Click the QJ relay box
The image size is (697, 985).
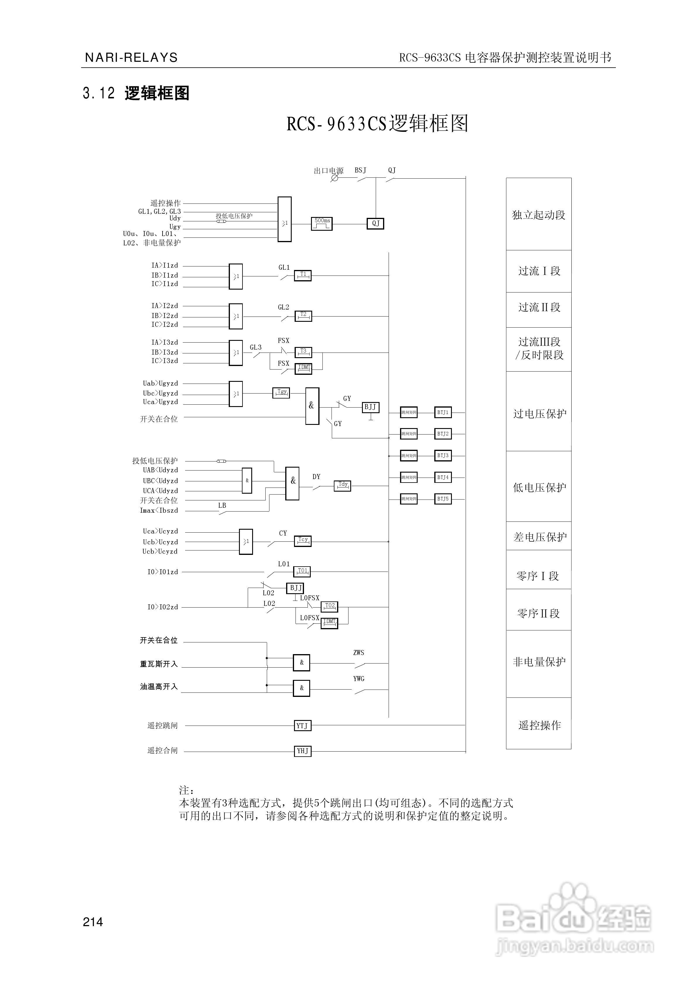click(375, 223)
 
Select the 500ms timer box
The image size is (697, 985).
click(322, 223)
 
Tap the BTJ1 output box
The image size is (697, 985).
click(443, 412)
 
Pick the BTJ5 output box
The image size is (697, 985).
click(443, 499)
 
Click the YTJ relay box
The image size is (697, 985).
click(302, 726)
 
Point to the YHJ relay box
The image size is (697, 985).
click(302, 751)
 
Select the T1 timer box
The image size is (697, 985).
click(303, 276)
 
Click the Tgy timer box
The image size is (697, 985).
click(281, 393)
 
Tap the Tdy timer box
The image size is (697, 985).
click(342, 486)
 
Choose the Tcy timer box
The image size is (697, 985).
click(303, 541)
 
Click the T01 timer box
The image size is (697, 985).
click(302, 572)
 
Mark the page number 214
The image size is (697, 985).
click(93, 922)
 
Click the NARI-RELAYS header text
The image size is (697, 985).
click(131, 57)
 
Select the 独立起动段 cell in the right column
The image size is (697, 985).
click(539, 215)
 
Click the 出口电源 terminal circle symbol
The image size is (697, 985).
click(334, 178)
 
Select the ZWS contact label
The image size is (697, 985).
click(359, 653)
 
